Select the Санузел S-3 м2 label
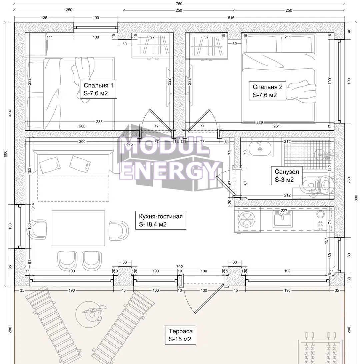(x=287, y=175)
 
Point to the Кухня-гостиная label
(x=161, y=216)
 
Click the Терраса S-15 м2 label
(x=180, y=335)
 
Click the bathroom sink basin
(x=260, y=149)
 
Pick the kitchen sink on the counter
(x=282, y=220)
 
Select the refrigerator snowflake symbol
(x=247, y=219)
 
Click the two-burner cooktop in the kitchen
(x=321, y=219)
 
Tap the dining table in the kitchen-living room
(x=78, y=228)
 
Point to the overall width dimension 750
(x=179, y=4)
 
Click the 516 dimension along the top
(x=231, y=18)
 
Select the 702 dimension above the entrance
(x=180, y=267)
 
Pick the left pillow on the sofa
(x=49, y=165)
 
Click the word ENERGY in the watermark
(x=169, y=170)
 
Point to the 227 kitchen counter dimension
(x=284, y=211)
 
